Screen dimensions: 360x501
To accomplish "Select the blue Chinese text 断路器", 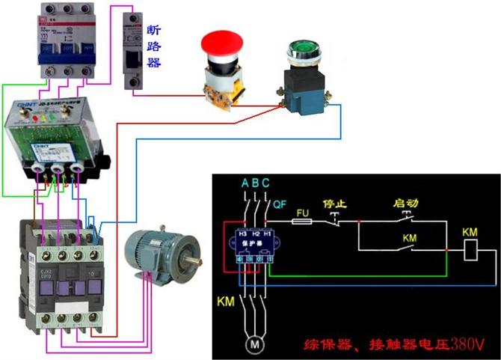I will [x=154, y=46].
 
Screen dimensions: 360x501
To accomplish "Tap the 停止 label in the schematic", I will [x=334, y=203].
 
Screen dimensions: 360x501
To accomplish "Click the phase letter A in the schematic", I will [x=245, y=183].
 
